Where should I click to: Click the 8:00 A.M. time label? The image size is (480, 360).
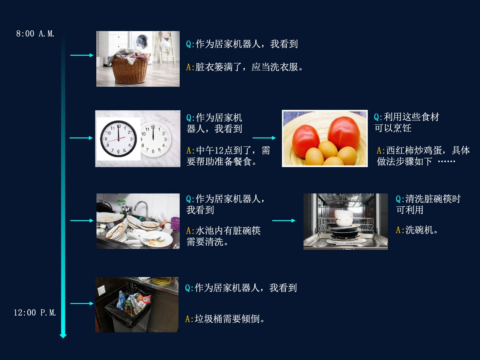coord(35,34)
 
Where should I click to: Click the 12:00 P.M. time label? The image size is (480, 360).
coord(35,313)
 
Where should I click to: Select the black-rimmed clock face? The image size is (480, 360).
coord(118,139)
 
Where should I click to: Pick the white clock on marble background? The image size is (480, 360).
coord(155,139)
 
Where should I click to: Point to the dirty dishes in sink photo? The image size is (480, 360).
coord(138,221)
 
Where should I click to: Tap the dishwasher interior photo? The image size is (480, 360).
coord(345,222)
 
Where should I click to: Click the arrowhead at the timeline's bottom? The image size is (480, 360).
coord(63,335)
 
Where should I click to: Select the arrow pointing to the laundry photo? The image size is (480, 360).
coord(82,55)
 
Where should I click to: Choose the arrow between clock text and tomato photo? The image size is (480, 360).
coord(264,138)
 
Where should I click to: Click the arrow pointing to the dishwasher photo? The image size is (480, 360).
coord(284,221)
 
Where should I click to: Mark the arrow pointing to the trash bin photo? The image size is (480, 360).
coord(82,304)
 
